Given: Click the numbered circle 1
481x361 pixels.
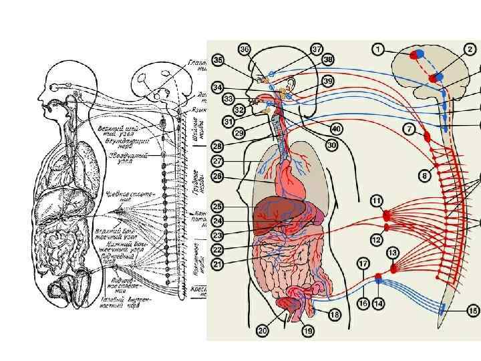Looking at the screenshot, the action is [x=379, y=49].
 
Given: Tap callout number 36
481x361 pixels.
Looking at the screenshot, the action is [x=245, y=49].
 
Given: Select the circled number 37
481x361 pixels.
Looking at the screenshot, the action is [x=317, y=49].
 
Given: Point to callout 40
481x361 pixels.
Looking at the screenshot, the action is [x=336, y=129].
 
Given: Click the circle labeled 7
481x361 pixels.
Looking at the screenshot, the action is [x=408, y=128].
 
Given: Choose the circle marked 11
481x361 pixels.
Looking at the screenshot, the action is [x=377, y=200].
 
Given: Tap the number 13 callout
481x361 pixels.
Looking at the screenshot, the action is [x=392, y=252].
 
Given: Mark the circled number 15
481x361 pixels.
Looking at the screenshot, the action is [x=473, y=310].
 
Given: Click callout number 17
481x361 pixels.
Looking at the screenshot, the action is [x=363, y=263].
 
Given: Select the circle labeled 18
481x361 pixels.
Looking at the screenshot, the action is [x=334, y=314].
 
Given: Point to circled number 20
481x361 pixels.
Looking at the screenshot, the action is [x=262, y=330].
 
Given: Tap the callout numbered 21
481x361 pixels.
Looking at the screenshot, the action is [x=218, y=264].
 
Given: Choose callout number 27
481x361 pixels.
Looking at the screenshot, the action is [x=218, y=161].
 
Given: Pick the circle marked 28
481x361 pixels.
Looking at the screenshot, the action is [x=218, y=146].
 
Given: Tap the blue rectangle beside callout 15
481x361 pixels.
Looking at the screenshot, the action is [x=442, y=308].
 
